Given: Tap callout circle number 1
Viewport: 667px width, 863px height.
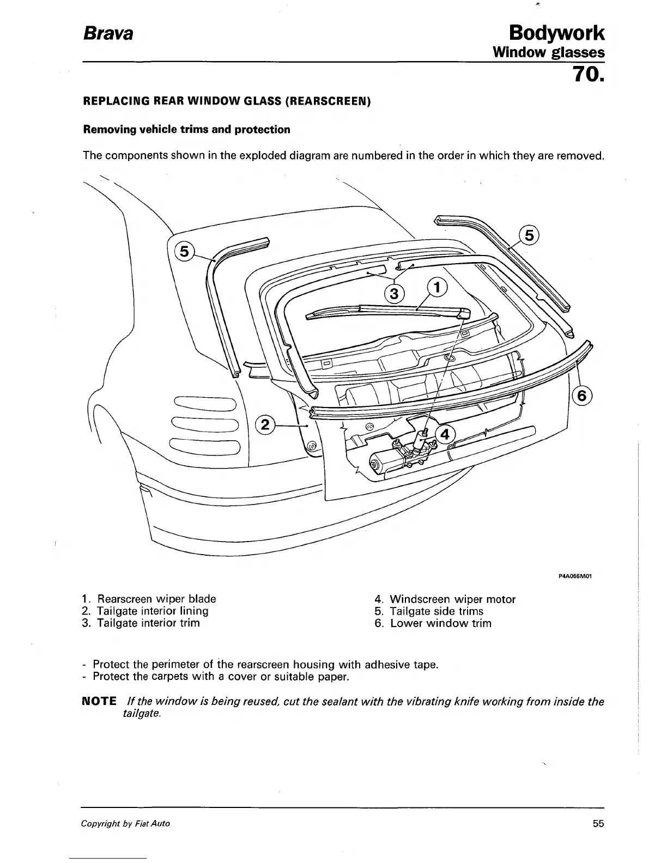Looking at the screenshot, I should coord(437,287).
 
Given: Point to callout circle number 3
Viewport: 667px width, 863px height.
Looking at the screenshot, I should coord(395,294).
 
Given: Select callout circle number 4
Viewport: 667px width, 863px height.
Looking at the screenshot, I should coord(445,435).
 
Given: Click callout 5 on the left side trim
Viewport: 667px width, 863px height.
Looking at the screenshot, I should coord(184,251).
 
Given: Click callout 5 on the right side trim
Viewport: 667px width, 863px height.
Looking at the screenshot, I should coord(528,236).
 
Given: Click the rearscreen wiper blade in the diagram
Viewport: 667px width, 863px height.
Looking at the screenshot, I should coord(381,311).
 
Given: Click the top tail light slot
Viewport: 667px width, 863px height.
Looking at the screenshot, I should coord(205,404).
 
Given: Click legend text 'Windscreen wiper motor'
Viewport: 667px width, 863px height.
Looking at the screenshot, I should coord(452,599).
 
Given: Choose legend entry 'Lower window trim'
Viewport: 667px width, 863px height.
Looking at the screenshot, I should coord(440,623).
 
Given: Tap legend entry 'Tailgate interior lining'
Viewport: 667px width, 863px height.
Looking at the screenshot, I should coord(152,611).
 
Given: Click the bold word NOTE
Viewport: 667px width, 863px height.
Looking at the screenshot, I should coord(99,701).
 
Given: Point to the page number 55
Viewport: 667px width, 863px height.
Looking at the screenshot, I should coord(598,823).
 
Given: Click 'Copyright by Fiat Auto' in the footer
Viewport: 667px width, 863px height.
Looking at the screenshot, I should coord(125,823).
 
